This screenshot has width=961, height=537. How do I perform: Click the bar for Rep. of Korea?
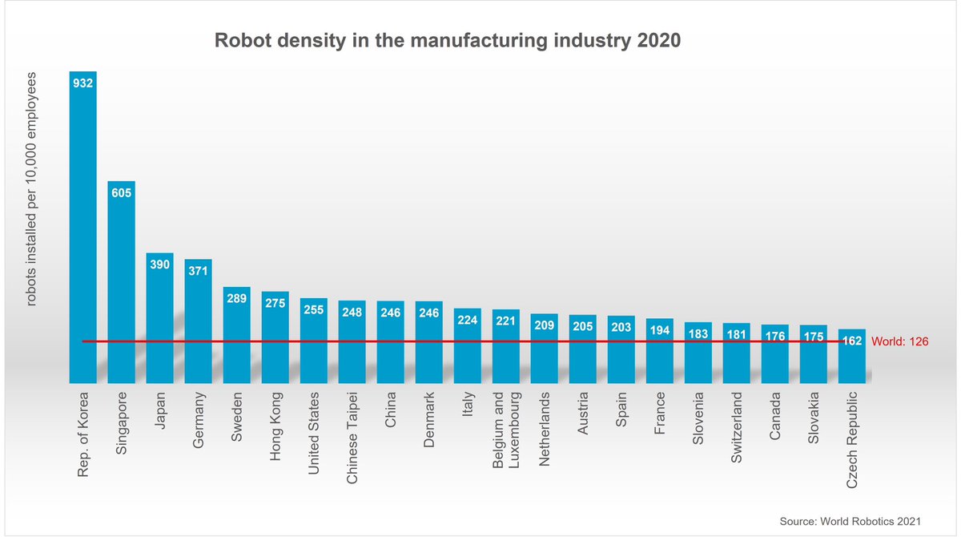tap(83, 232)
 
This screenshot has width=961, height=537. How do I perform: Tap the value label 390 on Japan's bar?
tap(160, 264)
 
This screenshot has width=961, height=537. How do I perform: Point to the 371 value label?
tap(199, 271)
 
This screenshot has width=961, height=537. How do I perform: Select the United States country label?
tap(315, 433)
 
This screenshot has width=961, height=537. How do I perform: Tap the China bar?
tap(391, 345)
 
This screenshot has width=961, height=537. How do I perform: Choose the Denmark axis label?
tap(428, 421)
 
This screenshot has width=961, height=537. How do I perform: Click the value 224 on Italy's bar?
tap(468, 320)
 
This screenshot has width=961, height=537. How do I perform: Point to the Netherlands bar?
tap(545, 353)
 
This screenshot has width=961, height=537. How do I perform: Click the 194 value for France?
tap(660, 330)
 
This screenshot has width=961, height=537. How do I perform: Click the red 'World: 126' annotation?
tap(899, 341)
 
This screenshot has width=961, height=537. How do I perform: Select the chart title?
tap(448, 41)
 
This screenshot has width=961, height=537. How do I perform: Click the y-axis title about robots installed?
tap(33, 190)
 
